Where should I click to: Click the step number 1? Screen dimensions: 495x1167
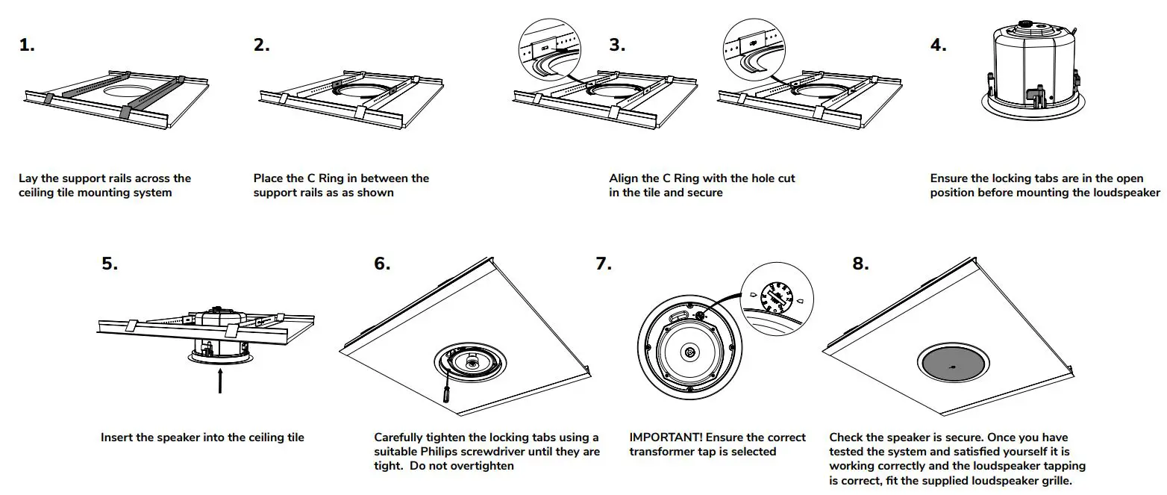point(27,45)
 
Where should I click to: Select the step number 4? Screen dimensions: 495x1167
point(938,45)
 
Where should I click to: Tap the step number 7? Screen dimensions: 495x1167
point(604,264)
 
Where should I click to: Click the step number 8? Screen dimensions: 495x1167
point(860,264)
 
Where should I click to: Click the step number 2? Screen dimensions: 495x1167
point(261,45)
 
